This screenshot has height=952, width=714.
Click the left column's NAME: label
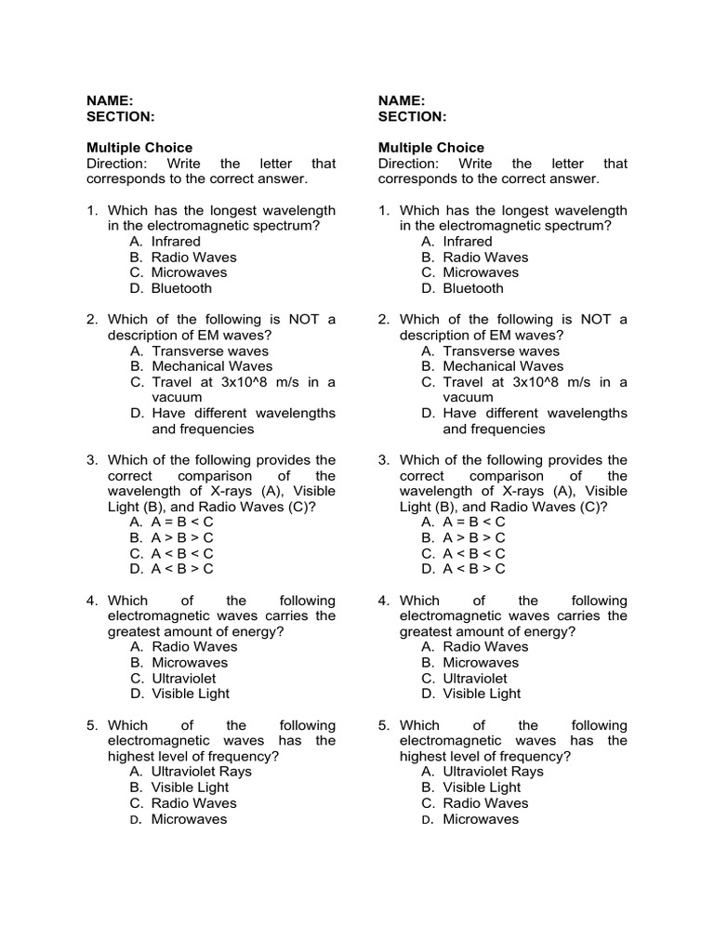110,100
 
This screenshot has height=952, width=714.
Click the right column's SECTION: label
412,116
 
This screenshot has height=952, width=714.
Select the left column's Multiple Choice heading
139,148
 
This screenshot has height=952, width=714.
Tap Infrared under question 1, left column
176,242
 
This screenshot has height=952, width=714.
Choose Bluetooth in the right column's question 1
473,288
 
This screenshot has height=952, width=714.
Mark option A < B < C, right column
474,553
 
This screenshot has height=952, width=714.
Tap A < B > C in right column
474,569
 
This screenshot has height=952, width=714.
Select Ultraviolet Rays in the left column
202,772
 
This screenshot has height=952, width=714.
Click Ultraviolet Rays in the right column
493,772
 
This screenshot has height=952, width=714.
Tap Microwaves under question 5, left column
189,819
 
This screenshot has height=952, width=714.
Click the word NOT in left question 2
303,320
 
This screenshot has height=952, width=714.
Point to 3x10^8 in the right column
540,382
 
